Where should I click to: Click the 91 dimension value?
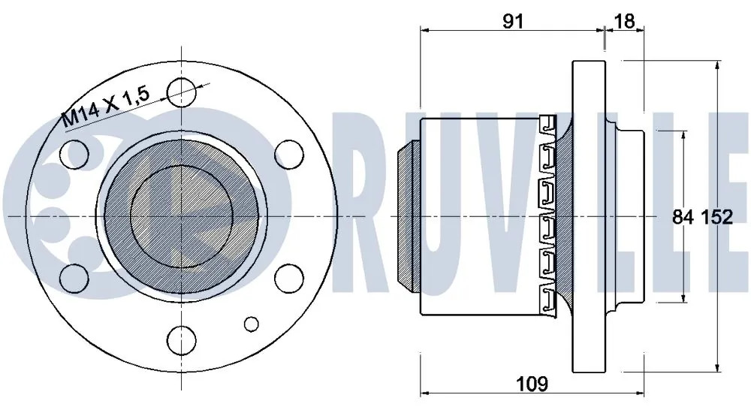(x=513, y=20)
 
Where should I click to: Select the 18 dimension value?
(x=624, y=20)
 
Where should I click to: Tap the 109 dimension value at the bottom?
(x=532, y=384)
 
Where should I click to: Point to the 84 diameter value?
(x=683, y=217)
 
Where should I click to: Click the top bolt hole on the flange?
(x=182, y=92)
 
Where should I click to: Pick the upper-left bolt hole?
(x=75, y=153)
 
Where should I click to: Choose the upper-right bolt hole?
(x=289, y=154)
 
